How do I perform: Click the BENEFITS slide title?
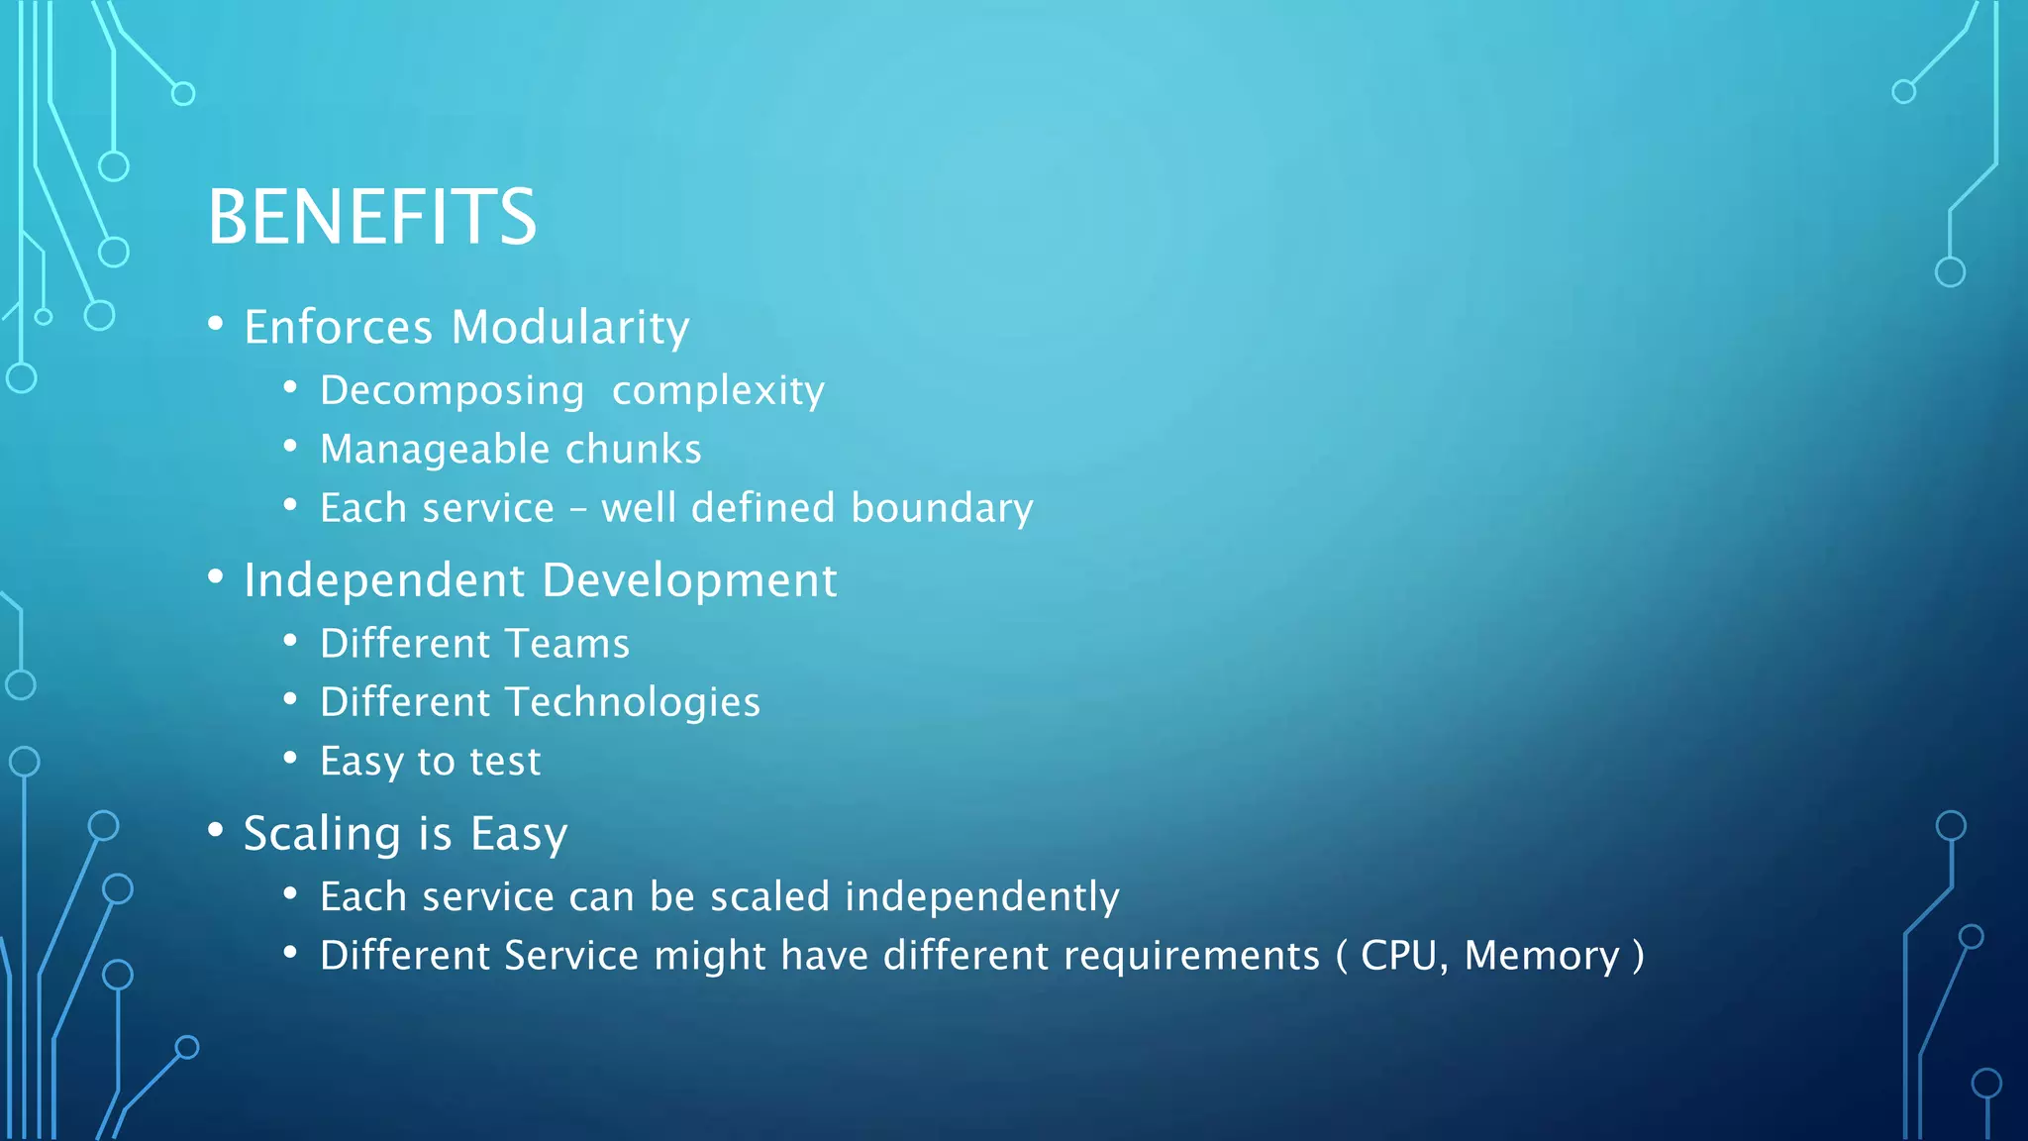pyautogui.click(x=371, y=218)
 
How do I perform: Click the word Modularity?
pyautogui.click(x=570, y=328)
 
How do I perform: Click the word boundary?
pyautogui.click(x=942, y=509)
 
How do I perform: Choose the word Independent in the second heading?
pyautogui.click(x=384, y=581)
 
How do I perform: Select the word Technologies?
pyautogui.click(x=633, y=703)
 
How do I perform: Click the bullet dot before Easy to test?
pyautogui.click(x=290, y=759)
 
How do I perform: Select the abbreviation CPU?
pyautogui.click(x=1398, y=956)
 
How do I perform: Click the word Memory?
pyautogui.click(x=1542, y=957)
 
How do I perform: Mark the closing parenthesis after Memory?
pyautogui.click(x=1638, y=957)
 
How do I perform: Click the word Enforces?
pyautogui.click(x=339, y=328)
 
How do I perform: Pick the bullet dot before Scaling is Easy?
pyautogui.click(x=216, y=830)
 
